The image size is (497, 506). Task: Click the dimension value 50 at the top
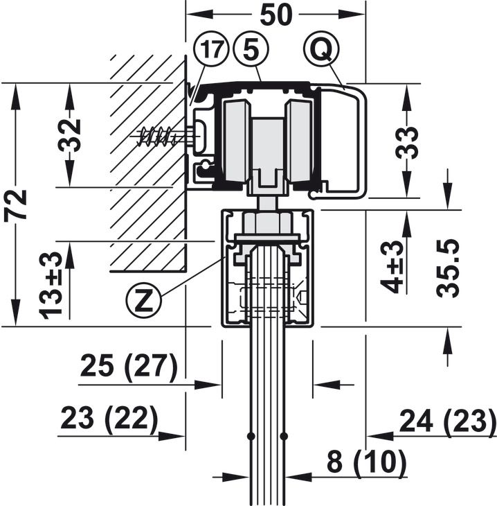(276, 15)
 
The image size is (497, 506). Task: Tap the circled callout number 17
(211, 50)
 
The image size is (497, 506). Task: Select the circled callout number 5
(251, 50)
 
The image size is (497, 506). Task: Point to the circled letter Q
(321, 49)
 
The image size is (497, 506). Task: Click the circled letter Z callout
(143, 301)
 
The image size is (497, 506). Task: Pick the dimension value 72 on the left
(15, 205)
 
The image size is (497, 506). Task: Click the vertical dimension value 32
(70, 135)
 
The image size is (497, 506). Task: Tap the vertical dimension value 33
(407, 143)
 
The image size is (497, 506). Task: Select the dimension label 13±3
(51, 286)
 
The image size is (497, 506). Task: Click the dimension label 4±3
(392, 267)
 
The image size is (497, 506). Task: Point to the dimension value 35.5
(447, 268)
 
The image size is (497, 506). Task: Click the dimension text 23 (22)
(109, 419)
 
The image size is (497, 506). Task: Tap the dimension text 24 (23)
(448, 421)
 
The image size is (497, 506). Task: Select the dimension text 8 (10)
(366, 462)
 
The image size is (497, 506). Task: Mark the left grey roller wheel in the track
(236, 141)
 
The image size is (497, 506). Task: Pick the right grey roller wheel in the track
(300, 141)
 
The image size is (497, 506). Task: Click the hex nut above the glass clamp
(268, 222)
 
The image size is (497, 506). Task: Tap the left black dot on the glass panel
(251, 436)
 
